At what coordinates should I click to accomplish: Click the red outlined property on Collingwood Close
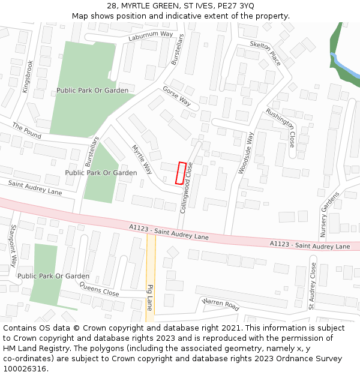coord(180,173)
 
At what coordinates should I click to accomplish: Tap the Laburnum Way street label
coord(151,35)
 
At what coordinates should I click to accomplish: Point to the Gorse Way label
coord(176,96)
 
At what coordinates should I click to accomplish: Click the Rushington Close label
coord(281,128)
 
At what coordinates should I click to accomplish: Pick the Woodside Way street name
coord(246,153)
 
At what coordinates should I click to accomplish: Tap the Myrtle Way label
coord(143,158)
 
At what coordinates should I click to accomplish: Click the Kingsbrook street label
coord(27,76)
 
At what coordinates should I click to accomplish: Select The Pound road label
coord(26,131)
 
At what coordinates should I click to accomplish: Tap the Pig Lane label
coord(150,298)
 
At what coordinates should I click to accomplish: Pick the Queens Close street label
coord(99,289)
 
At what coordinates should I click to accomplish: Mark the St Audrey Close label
coord(312,286)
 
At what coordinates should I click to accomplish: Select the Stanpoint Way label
coord(13,246)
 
